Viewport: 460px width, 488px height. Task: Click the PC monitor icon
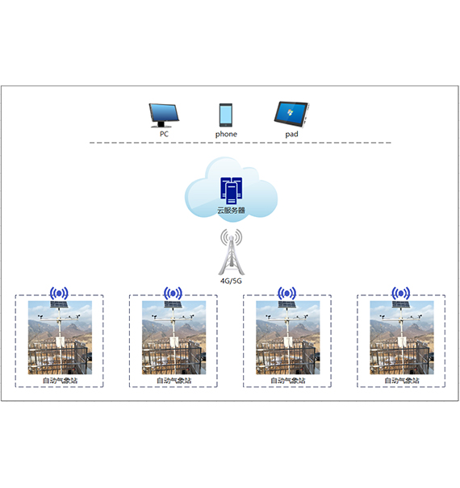pos(164,115)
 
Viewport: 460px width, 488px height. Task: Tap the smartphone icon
pos(225,115)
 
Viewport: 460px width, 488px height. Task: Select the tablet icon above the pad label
pos(291,115)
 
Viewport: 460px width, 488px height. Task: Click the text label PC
pos(164,134)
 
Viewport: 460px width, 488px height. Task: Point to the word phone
pos(226,134)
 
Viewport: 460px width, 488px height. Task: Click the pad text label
pos(291,134)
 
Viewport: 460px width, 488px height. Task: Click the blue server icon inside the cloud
pos(231,191)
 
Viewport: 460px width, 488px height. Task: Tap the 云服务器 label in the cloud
pos(231,211)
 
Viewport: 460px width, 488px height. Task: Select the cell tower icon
pos(231,252)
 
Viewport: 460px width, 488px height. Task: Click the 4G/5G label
pos(231,281)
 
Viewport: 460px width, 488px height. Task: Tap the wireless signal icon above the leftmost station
pos(59,293)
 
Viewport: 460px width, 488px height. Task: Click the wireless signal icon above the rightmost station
pos(401,293)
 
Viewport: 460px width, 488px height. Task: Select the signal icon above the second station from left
pos(173,293)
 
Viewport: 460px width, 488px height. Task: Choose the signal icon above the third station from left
pos(286,293)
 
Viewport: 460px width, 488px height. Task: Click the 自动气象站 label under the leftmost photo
pos(60,380)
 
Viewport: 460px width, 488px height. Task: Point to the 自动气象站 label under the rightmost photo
pos(402,380)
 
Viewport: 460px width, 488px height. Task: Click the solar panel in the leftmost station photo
pos(59,304)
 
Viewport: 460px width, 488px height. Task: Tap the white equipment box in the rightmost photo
pos(402,341)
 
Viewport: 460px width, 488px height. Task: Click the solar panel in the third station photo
pos(286,304)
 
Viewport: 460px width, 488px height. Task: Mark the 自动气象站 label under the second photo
pos(174,380)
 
